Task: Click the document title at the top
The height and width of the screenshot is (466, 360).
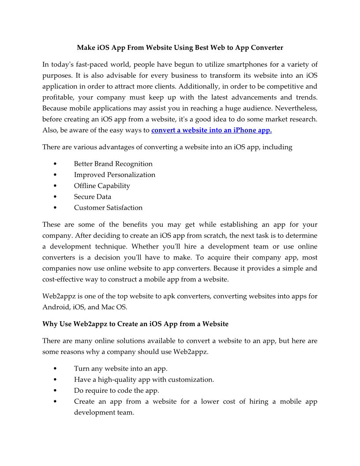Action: [x=180, y=47]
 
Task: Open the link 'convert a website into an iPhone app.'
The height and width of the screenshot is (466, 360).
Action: [x=211, y=130]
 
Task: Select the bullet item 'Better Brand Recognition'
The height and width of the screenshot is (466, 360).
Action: [x=113, y=164]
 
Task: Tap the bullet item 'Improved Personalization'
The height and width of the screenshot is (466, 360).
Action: [x=114, y=175]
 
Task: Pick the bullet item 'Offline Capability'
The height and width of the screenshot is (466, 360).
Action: [x=102, y=186]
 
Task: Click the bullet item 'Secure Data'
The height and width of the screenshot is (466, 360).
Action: [x=92, y=197]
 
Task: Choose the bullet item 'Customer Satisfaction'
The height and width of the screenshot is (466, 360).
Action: [x=108, y=207]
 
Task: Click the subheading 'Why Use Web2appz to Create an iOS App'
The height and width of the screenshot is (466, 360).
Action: [x=135, y=324]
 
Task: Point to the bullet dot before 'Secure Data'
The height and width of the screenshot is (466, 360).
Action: [x=54, y=197]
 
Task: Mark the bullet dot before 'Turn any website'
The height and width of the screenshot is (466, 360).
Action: [x=54, y=368]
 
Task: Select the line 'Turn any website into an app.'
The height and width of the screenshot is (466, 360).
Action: [x=120, y=368]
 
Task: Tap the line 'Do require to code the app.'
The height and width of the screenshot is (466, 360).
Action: [x=116, y=391]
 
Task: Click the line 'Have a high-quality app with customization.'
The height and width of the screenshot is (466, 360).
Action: [x=144, y=380]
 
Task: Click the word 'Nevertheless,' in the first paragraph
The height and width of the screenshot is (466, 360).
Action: [x=296, y=108]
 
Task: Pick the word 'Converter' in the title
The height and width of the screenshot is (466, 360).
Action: [x=265, y=47]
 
